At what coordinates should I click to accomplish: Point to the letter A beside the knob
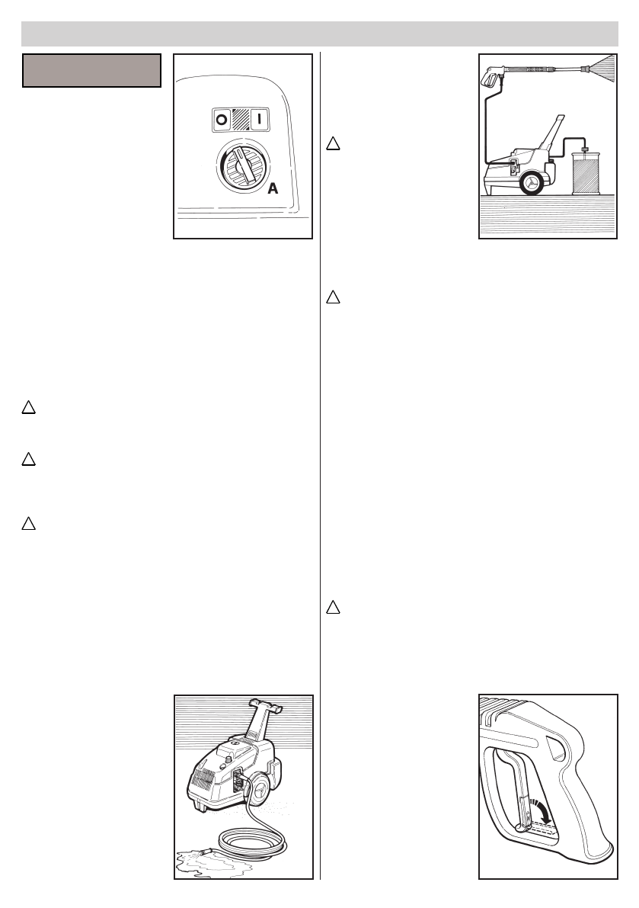pos(272,188)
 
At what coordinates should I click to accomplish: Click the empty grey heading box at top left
pos(91,70)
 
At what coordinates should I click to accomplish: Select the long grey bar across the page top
pos(319,34)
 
